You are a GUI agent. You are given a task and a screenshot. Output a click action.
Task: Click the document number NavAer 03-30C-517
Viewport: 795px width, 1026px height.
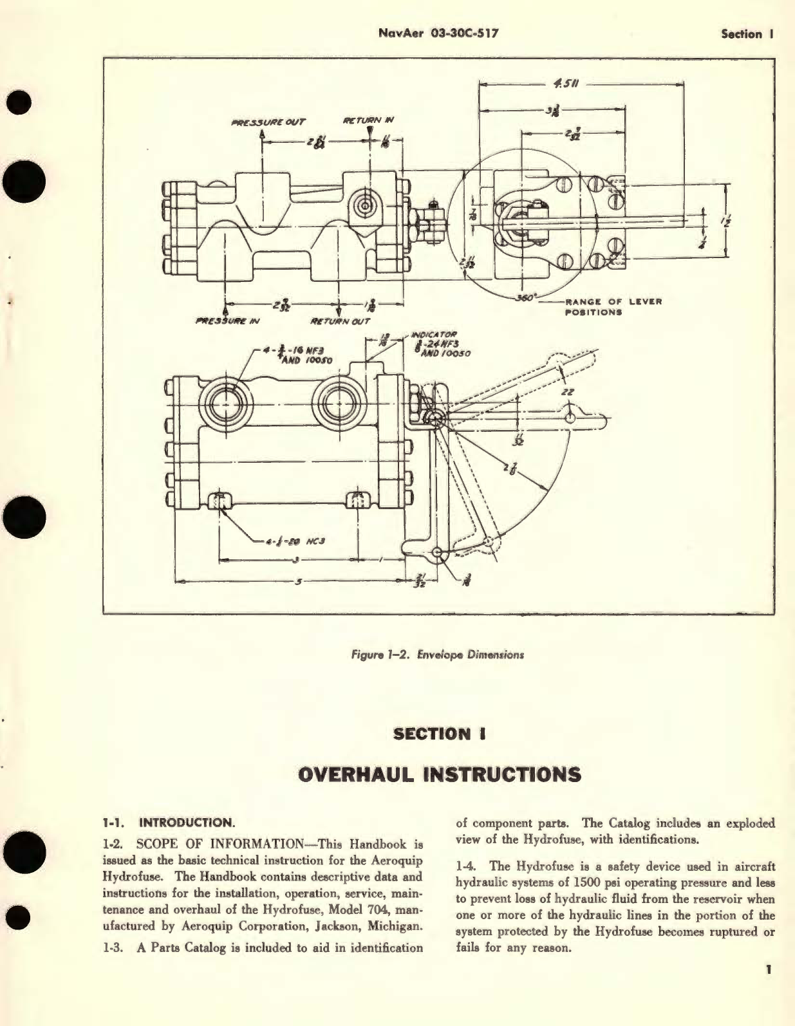[x=438, y=33]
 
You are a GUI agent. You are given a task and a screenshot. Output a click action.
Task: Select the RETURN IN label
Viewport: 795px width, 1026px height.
[x=368, y=120]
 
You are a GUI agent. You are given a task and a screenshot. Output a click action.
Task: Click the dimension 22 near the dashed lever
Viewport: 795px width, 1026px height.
[x=568, y=391]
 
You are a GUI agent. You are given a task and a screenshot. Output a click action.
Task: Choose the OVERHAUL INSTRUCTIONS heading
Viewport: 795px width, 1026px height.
[x=440, y=774]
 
